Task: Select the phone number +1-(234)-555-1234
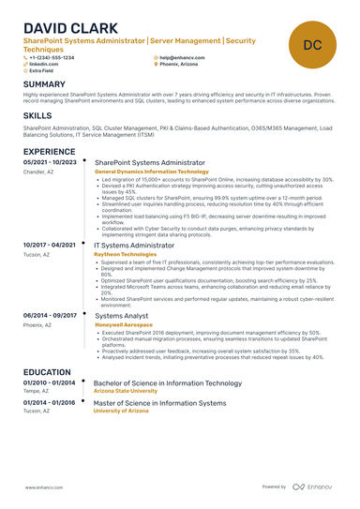click(52, 57)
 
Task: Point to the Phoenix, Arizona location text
click(179, 64)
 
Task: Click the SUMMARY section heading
click(45, 84)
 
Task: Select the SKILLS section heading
click(38, 114)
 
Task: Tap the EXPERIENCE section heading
click(50, 151)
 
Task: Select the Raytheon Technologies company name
click(126, 254)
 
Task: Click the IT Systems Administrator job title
click(141, 246)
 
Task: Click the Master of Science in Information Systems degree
click(160, 403)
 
